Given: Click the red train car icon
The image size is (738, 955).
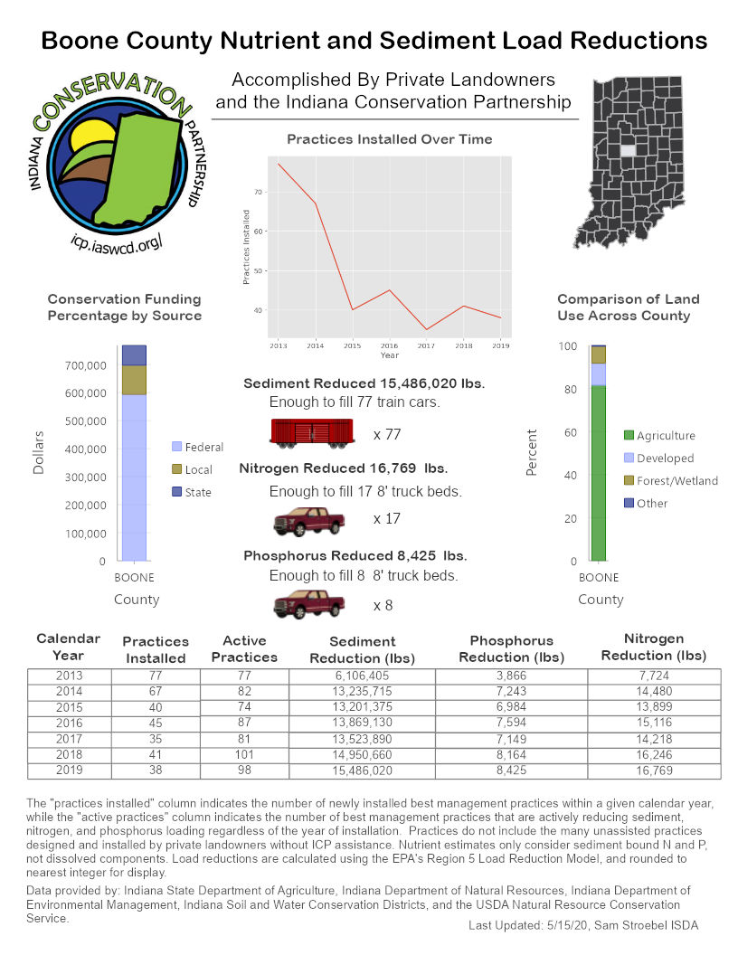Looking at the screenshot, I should pyautogui.click(x=312, y=433).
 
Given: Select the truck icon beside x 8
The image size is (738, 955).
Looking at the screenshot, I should pyautogui.click(x=310, y=603).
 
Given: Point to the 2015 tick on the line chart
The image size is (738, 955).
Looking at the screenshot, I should pyautogui.click(x=353, y=345).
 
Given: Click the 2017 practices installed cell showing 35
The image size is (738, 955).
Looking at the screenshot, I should pyautogui.click(x=155, y=738).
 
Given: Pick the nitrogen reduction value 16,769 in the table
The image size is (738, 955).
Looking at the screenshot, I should pyautogui.click(x=654, y=771).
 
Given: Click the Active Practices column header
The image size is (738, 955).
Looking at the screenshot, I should pyautogui.click(x=244, y=648).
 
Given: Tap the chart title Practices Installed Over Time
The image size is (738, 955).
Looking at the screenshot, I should pyautogui.click(x=389, y=139).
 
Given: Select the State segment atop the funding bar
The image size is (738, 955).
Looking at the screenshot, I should pyautogui.click(x=134, y=355).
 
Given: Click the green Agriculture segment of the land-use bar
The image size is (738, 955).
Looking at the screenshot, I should pyautogui.click(x=598, y=470).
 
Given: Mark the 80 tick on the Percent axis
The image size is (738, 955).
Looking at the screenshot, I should pyautogui.click(x=569, y=390).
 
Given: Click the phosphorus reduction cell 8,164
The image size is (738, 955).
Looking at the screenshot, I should pyautogui.click(x=511, y=754).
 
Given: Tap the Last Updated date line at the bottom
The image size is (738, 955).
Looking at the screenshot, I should pyautogui.click(x=583, y=925).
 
